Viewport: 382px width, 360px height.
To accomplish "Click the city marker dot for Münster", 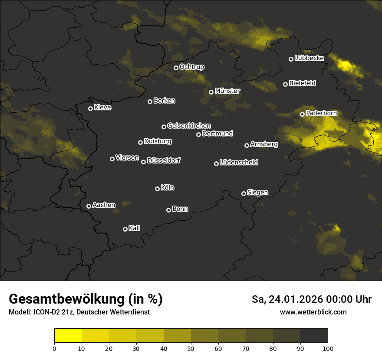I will click(x=211, y=92).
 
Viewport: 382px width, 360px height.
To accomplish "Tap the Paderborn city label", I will click(x=321, y=113).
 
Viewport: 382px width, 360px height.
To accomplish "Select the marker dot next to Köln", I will click(x=157, y=189).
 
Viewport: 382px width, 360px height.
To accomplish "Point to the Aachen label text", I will click(x=104, y=205).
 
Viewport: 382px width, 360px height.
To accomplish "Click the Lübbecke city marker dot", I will click(x=291, y=59).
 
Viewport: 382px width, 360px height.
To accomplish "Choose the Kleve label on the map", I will click(x=102, y=108).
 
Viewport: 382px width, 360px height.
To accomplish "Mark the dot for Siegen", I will click(x=244, y=193).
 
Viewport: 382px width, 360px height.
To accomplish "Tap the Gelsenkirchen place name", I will click(x=189, y=126).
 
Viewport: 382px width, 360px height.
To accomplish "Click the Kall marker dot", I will click(x=125, y=229).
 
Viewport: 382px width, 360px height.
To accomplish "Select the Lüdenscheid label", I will click(x=239, y=163).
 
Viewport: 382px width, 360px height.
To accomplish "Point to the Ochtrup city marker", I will click(x=176, y=68).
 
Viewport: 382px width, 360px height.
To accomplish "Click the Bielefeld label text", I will click(x=302, y=83).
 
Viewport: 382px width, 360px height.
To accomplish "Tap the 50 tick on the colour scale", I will click(x=191, y=348).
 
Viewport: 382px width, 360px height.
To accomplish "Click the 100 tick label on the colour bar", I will click(x=328, y=348).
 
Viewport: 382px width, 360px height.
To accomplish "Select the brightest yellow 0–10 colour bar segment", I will click(x=68, y=336).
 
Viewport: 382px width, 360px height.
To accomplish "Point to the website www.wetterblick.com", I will click(x=313, y=312).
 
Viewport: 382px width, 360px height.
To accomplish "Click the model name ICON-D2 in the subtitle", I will click(x=45, y=312).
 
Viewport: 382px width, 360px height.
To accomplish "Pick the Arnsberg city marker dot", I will click(x=247, y=145).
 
